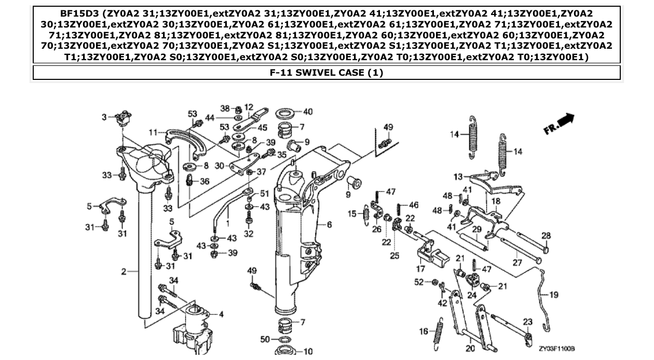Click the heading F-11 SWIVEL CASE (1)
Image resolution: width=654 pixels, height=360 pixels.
click(326, 73)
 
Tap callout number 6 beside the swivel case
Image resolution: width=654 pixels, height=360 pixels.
click(329, 225)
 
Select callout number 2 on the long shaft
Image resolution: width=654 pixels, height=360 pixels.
click(124, 271)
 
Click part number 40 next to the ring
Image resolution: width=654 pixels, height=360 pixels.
click(308, 112)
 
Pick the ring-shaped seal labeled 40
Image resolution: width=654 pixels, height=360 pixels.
click(283, 113)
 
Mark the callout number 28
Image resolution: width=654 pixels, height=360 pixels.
click(546, 236)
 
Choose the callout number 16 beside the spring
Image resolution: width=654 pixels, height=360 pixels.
click(424, 331)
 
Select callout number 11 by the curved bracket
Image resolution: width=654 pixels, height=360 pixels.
click(153, 132)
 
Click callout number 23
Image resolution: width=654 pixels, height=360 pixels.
click(527, 322)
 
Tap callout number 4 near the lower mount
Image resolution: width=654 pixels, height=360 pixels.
click(221, 314)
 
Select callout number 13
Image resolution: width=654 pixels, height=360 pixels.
click(458, 177)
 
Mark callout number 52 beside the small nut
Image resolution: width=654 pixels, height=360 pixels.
click(419, 282)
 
